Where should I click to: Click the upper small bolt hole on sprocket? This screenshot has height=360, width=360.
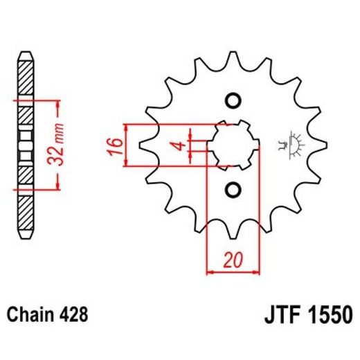(x=233, y=100)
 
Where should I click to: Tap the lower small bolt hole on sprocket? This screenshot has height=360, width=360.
(x=233, y=189)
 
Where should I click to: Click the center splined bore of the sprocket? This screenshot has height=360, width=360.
(x=233, y=145)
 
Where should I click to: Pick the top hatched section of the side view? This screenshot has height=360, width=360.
(x=23, y=80)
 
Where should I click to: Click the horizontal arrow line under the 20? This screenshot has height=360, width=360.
(x=232, y=272)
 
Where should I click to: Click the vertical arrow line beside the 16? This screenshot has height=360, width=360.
(x=126, y=145)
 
